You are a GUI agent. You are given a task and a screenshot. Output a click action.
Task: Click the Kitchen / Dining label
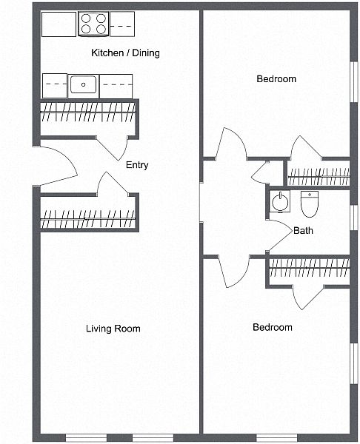(x=125, y=53)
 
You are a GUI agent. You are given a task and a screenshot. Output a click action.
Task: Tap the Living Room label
(x=113, y=329)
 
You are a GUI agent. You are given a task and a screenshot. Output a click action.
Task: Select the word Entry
(x=137, y=165)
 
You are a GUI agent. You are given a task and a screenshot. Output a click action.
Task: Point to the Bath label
(x=303, y=230)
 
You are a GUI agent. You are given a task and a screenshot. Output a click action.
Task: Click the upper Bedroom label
(x=276, y=78)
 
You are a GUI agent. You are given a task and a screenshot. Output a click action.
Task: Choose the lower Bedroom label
(x=272, y=327)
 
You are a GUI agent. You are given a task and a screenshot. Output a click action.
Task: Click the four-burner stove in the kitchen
(x=93, y=24)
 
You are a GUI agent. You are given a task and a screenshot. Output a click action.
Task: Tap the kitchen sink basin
(x=84, y=84)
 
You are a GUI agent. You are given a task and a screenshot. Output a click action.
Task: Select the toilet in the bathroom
(x=310, y=204)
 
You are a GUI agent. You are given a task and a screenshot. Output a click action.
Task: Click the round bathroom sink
(x=280, y=202)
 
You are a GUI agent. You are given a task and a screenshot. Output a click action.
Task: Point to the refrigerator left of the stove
(x=59, y=24)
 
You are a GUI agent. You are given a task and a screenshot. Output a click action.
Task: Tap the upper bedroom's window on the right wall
(x=354, y=81)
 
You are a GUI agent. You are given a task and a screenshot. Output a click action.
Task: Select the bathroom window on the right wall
(x=354, y=217)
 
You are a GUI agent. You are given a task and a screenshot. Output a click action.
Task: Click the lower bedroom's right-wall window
(x=354, y=363)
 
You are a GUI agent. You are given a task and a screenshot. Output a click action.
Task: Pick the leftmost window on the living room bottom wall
(x=86, y=437)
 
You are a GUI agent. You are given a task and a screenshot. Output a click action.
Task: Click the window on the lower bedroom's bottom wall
(x=276, y=437)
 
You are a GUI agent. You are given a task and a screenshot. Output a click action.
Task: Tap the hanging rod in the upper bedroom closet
(x=319, y=177)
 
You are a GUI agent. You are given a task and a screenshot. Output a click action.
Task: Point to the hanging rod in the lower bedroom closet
(x=310, y=268)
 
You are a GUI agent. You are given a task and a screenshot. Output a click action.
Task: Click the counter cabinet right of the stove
(x=122, y=24)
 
